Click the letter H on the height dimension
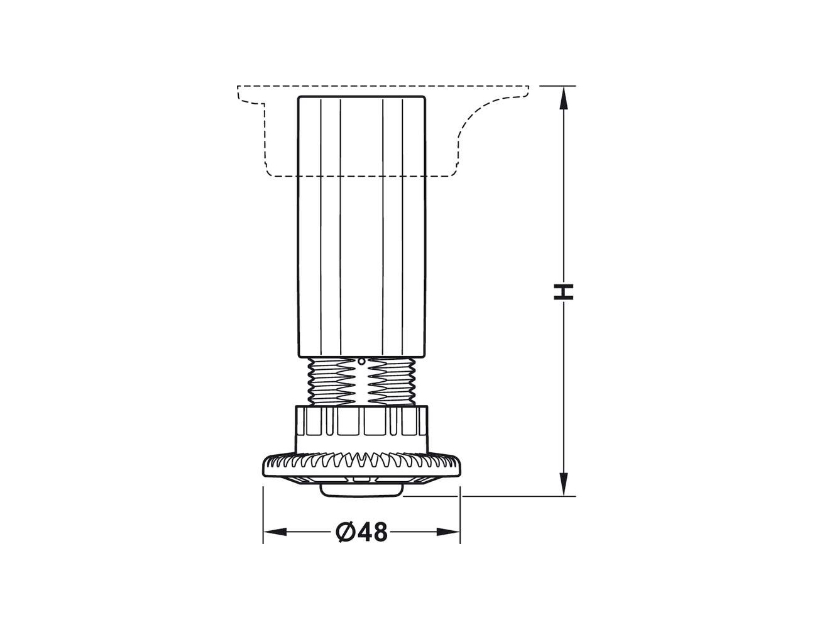(563, 292)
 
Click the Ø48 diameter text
(361, 532)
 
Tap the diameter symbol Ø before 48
(346, 532)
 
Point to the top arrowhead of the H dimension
(563, 98)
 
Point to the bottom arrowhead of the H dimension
(563, 484)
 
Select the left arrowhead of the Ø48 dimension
(275, 532)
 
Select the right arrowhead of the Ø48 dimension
(448, 532)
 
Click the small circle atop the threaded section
(361, 362)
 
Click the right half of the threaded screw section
(391, 381)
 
